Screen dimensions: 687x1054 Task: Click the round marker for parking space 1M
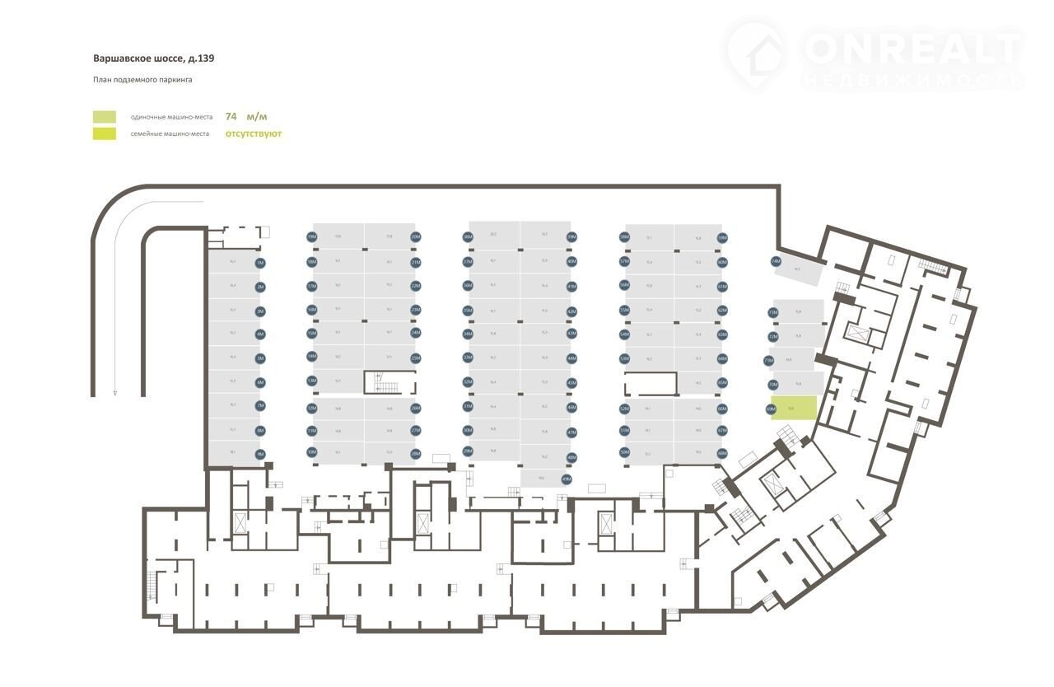point(260,264)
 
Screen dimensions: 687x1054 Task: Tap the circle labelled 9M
point(260,454)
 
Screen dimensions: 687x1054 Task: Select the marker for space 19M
point(312,236)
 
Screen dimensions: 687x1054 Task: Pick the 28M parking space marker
point(416,453)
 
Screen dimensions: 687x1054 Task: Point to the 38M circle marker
point(468,237)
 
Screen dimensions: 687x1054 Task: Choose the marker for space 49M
point(566,479)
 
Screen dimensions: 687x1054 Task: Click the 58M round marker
point(624,237)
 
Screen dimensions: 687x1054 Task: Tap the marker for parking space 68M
point(722,453)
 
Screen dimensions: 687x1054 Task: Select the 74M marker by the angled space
point(776,262)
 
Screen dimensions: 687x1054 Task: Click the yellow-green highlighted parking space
point(795,408)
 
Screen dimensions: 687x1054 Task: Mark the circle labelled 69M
point(772,409)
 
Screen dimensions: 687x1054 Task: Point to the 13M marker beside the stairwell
point(312,381)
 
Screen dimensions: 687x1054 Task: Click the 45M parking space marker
point(571,383)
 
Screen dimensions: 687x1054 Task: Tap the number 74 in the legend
point(231,116)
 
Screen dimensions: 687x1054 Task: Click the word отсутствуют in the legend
point(254,133)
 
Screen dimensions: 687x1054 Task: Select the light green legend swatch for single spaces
point(105,117)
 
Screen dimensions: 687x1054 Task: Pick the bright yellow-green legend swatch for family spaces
point(105,133)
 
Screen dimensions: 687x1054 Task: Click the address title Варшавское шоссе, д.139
point(154,58)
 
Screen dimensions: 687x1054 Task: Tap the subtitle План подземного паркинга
point(142,80)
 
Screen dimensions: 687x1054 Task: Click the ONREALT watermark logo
point(873,54)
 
